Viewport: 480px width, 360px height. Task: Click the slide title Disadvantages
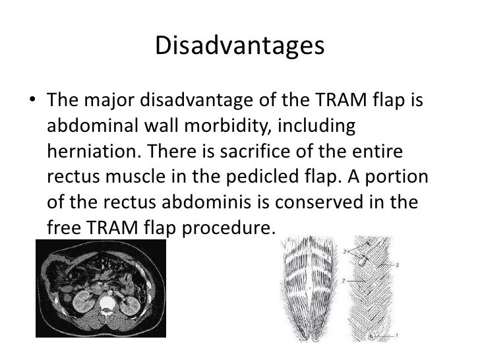[240, 47]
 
